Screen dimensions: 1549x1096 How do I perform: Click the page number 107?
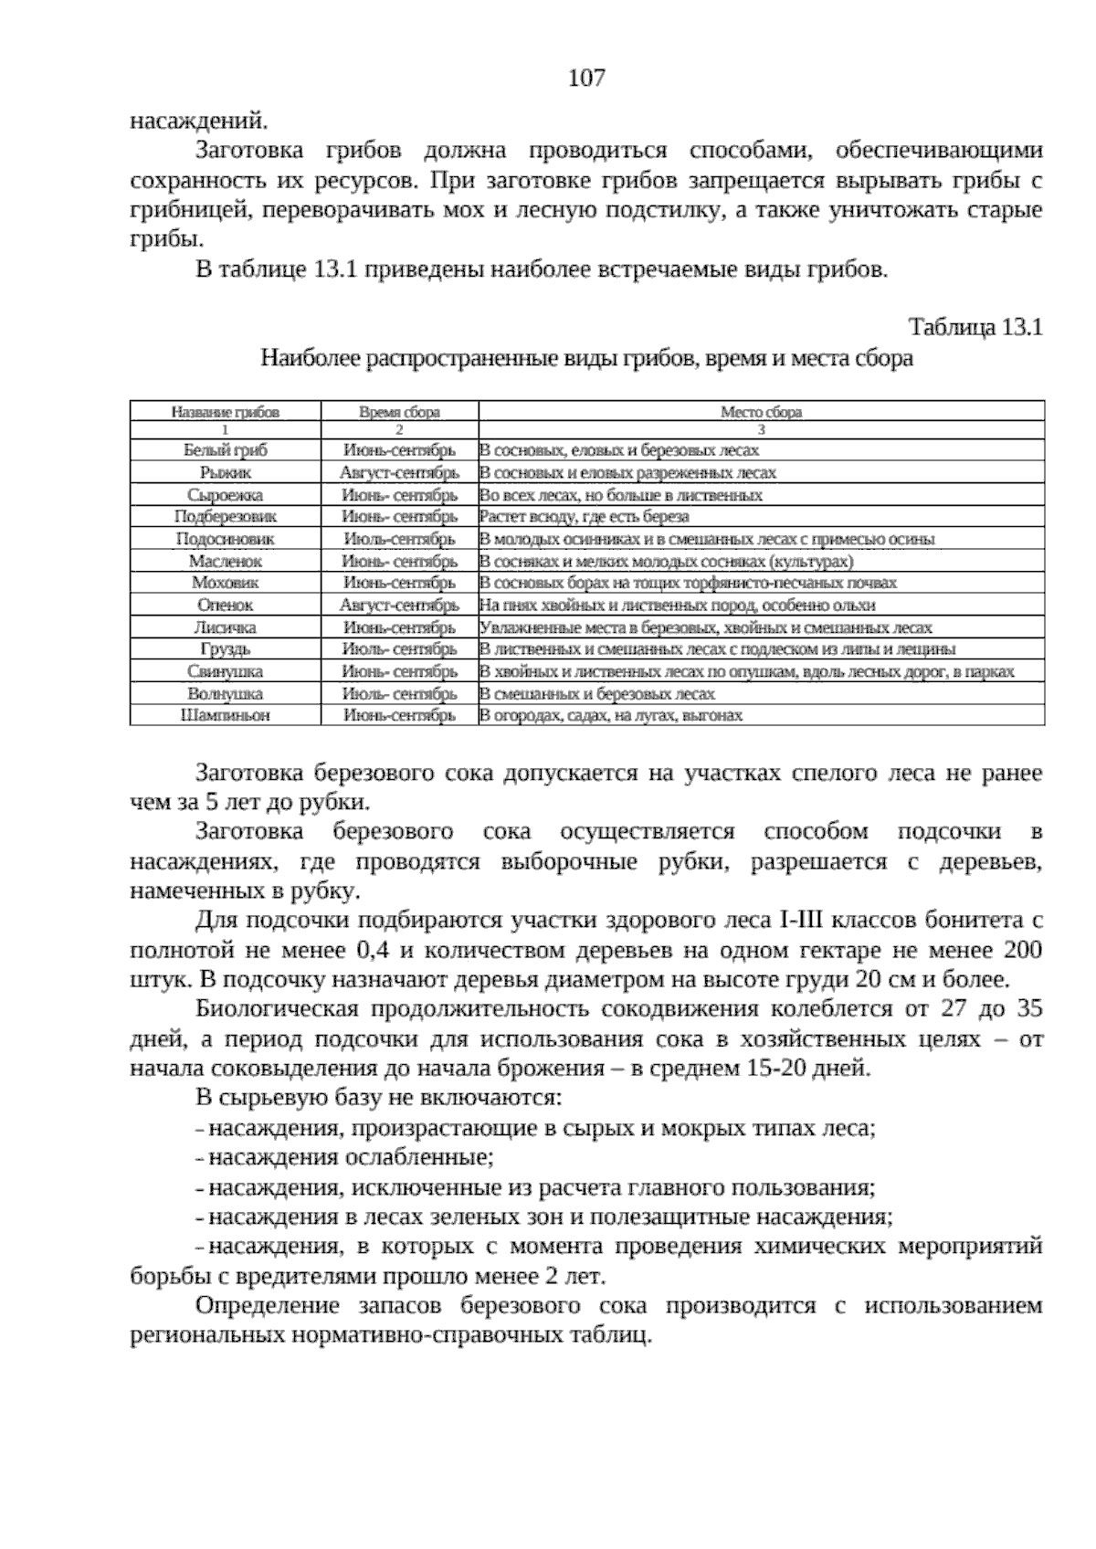[x=586, y=79]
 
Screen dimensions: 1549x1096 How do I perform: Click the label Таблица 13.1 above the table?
[x=975, y=327]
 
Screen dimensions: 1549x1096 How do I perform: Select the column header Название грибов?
[x=225, y=412]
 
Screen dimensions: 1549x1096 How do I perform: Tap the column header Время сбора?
[x=399, y=412]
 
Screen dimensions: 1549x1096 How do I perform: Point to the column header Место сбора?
[x=761, y=412]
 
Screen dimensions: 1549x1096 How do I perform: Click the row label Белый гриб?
[x=225, y=450]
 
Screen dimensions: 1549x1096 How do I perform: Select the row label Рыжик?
[x=225, y=473]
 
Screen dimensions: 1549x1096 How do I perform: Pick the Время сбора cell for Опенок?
[x=399, y=606]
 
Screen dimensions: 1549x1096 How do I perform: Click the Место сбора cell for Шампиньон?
[x=611, y=716]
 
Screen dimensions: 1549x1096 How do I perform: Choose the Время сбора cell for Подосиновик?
[x=399, y=540]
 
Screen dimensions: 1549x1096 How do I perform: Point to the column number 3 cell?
[x=761, y=429]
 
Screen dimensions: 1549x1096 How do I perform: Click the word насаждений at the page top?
[x=198, y=120]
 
